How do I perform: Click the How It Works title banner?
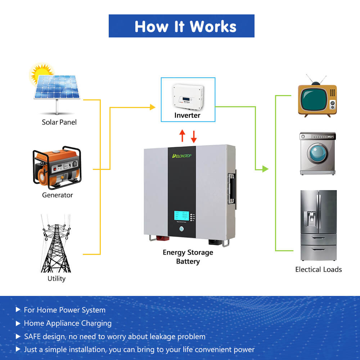point(181,26)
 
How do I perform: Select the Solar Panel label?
point(59,122)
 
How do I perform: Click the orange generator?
point(58,168)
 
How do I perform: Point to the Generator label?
point(57,195)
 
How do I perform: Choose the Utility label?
point(57,279)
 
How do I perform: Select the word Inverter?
point(187,115)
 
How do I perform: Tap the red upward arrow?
point(182,136)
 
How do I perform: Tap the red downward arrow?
point(194,136)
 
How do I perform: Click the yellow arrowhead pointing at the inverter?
point(153,107)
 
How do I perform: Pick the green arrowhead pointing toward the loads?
point(265,169)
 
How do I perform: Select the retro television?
point(317,99)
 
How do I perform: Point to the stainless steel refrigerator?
point(319,225)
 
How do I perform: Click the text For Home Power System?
point(64,310)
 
